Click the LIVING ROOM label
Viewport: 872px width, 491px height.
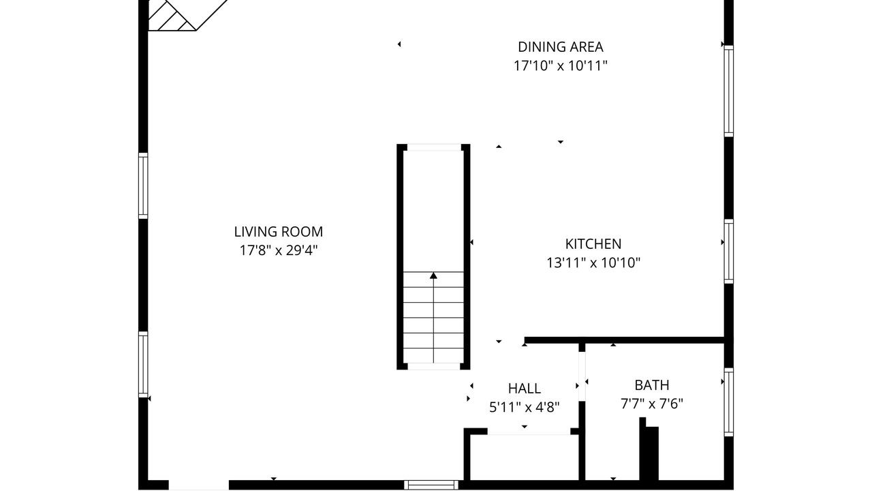279,232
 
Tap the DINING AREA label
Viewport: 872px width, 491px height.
561,47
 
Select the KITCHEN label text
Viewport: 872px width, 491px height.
593,244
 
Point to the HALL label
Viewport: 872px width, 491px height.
525,389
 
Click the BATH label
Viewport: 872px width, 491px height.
652,385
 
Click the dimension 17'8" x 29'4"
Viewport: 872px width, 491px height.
279,250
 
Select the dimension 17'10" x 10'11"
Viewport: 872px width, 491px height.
561,66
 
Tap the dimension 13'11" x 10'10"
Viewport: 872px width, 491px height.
593,263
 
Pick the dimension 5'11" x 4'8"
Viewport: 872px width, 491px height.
525,407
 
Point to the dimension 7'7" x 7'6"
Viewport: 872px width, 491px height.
652,404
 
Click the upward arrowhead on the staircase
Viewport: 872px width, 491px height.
433,276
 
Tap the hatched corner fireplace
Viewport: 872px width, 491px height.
171,15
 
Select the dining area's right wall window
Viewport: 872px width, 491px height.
729,91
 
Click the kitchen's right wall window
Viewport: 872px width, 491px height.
729,252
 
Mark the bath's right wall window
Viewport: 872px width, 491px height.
729,402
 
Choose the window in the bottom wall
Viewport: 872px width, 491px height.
431,485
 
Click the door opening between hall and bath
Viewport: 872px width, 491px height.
582,376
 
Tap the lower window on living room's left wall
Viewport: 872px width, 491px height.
143,364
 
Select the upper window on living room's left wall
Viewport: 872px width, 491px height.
143,185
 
